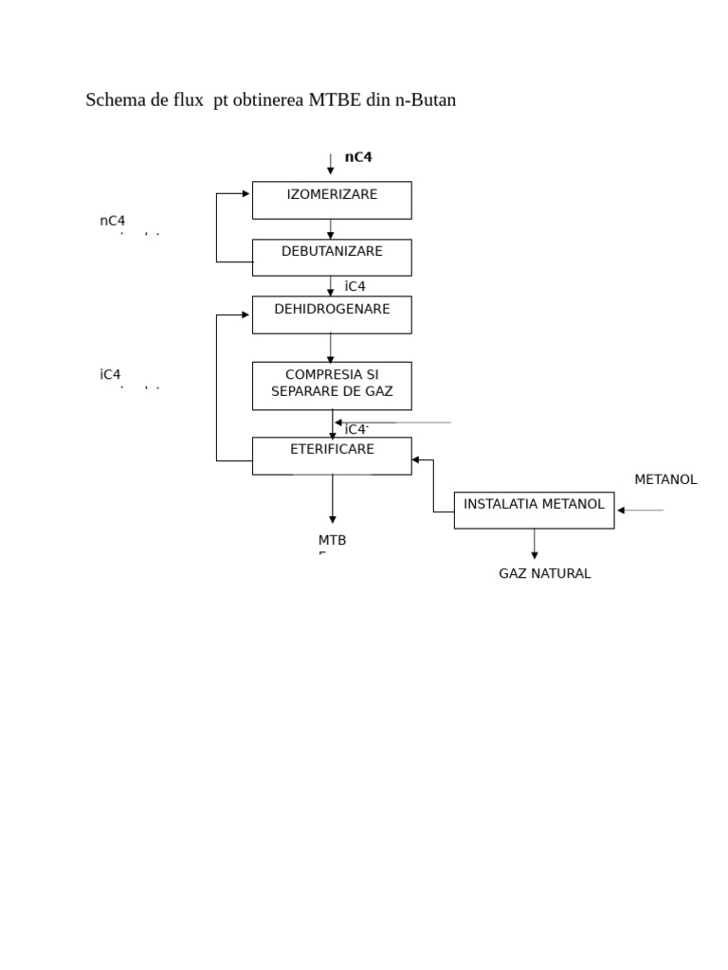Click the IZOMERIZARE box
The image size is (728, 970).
[332, 200]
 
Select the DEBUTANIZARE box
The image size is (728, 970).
[332, 257]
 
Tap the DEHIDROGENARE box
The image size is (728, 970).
[332, 314]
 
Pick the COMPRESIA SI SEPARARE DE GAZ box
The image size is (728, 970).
[332, 386]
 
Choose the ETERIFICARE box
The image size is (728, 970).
[332, 456]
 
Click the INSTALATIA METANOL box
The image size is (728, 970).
[534, 510]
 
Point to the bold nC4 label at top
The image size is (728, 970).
[358, 157]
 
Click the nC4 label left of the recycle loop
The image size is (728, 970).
[112, 221]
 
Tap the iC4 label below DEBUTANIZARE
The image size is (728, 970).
[355, 286]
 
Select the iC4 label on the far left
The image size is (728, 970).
[110, 374]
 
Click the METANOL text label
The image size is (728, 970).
[665, 479]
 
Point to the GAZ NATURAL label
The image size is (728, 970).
[544, 573]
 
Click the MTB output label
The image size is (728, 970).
[332, 540]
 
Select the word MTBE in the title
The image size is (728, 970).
[335, 99]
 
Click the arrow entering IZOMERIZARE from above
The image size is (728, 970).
[331, 165]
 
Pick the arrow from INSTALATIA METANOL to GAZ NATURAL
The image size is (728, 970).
[535, 544]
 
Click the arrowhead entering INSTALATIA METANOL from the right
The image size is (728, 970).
[622, 511]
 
